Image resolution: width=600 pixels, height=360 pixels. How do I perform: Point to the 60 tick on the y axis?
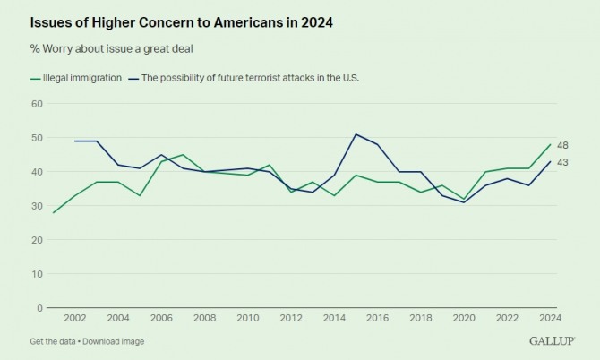pyautogui.click(x=38, y=104)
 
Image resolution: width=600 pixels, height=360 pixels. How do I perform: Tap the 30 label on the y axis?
pyautogui.click(x=38, y=206)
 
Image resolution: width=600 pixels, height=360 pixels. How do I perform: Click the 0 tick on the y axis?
pyautogui.click(x=40, y=308)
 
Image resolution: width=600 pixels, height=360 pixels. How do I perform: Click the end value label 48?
pyautogui.click(x=562, y=145)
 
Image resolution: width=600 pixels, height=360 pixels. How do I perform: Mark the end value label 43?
pyautogui.click(x=562, y=162)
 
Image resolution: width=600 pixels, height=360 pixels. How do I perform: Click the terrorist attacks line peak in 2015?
pyautogui.click(x=356, y=134)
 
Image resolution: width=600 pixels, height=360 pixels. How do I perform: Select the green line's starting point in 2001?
pyautogui.click(x=53, y=213)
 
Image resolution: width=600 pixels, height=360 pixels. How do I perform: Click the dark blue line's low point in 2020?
pyautogui.click(x=465, y=202)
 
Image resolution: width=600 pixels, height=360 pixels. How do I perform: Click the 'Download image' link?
pyautogui.click(x=115, y=341)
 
